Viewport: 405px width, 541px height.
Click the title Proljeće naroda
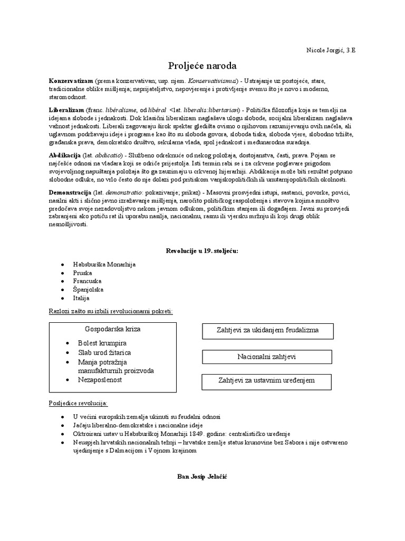coord(202,66)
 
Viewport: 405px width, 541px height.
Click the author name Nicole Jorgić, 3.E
coord(331,50)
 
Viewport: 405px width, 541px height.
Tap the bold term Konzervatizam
coord(71,82)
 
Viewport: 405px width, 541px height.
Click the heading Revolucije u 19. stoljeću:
coord(202,250)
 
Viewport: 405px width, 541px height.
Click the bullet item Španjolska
coord(89,290)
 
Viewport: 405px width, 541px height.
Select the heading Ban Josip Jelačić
coord(202,476)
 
